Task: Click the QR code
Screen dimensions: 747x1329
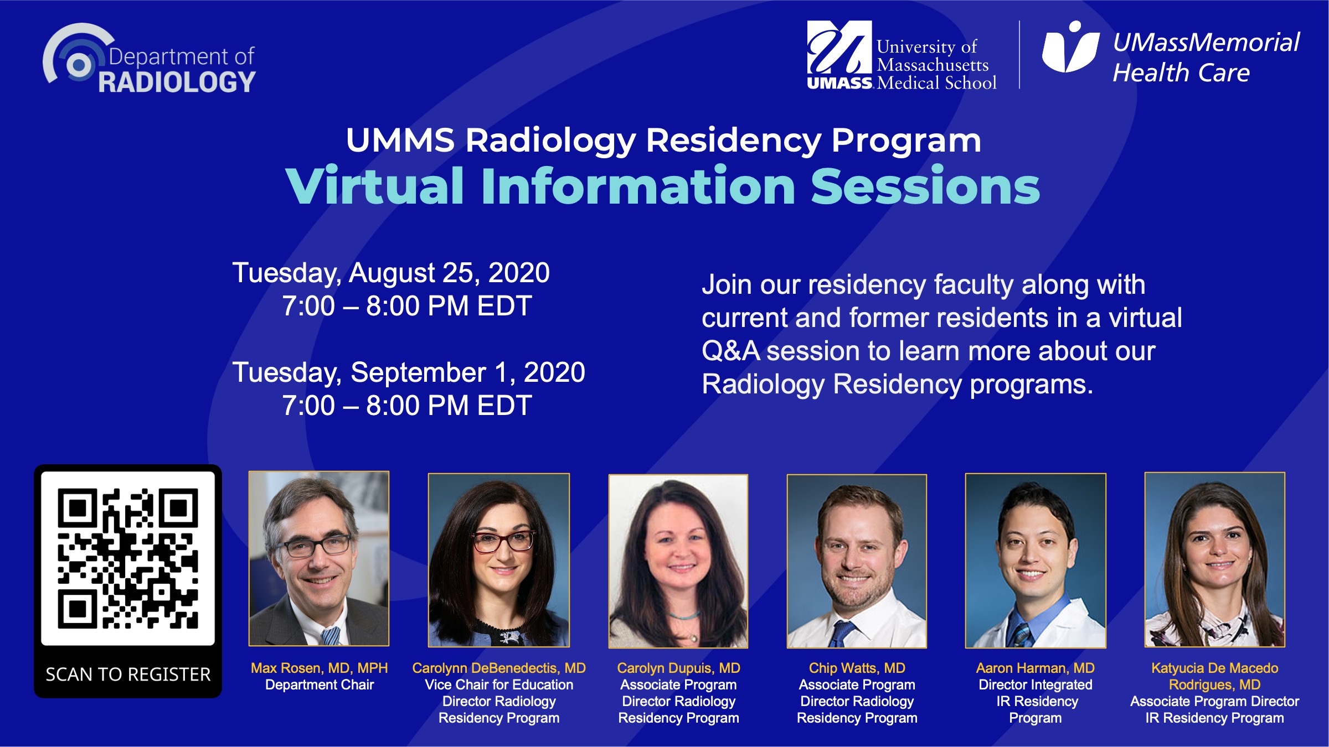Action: point(128,558)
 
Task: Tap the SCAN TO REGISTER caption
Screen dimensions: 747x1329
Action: point(128,674)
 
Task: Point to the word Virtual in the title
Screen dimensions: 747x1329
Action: point(375,186)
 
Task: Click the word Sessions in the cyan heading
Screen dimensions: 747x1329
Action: point(925,186)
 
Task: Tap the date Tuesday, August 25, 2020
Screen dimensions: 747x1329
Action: point(391,273)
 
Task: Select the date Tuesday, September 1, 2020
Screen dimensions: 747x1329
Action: point(409,372)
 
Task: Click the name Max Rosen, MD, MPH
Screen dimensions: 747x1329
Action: point(320,668)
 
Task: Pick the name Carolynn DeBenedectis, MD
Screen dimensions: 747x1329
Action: point(498,668)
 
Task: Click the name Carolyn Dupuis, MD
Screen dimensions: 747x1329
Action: point(678,668)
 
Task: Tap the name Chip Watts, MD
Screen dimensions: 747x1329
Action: point(857,668)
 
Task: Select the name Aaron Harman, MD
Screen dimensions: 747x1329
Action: point(1035,668)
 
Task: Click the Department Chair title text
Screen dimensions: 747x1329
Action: point(320,685)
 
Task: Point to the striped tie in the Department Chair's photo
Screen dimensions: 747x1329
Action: point(331,636)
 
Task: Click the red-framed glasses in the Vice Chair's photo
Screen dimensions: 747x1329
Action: point(504,541)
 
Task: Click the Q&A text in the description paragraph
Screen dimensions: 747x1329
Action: point(730,351)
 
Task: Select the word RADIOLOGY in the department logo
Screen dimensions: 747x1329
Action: point(177,82)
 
